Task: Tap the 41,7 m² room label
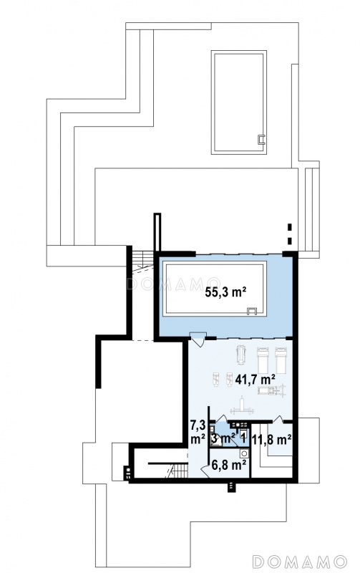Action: [255, 380]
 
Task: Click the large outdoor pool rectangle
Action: [238, 102]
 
